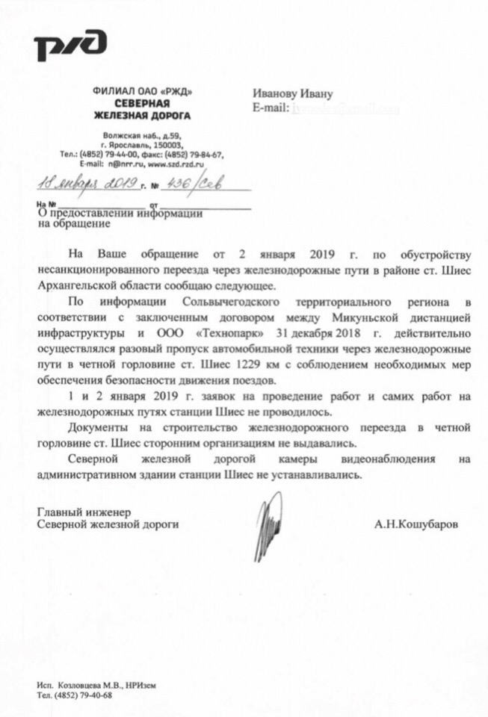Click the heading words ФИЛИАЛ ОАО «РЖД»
coord(142,91)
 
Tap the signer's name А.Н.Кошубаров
coord(416,525)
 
